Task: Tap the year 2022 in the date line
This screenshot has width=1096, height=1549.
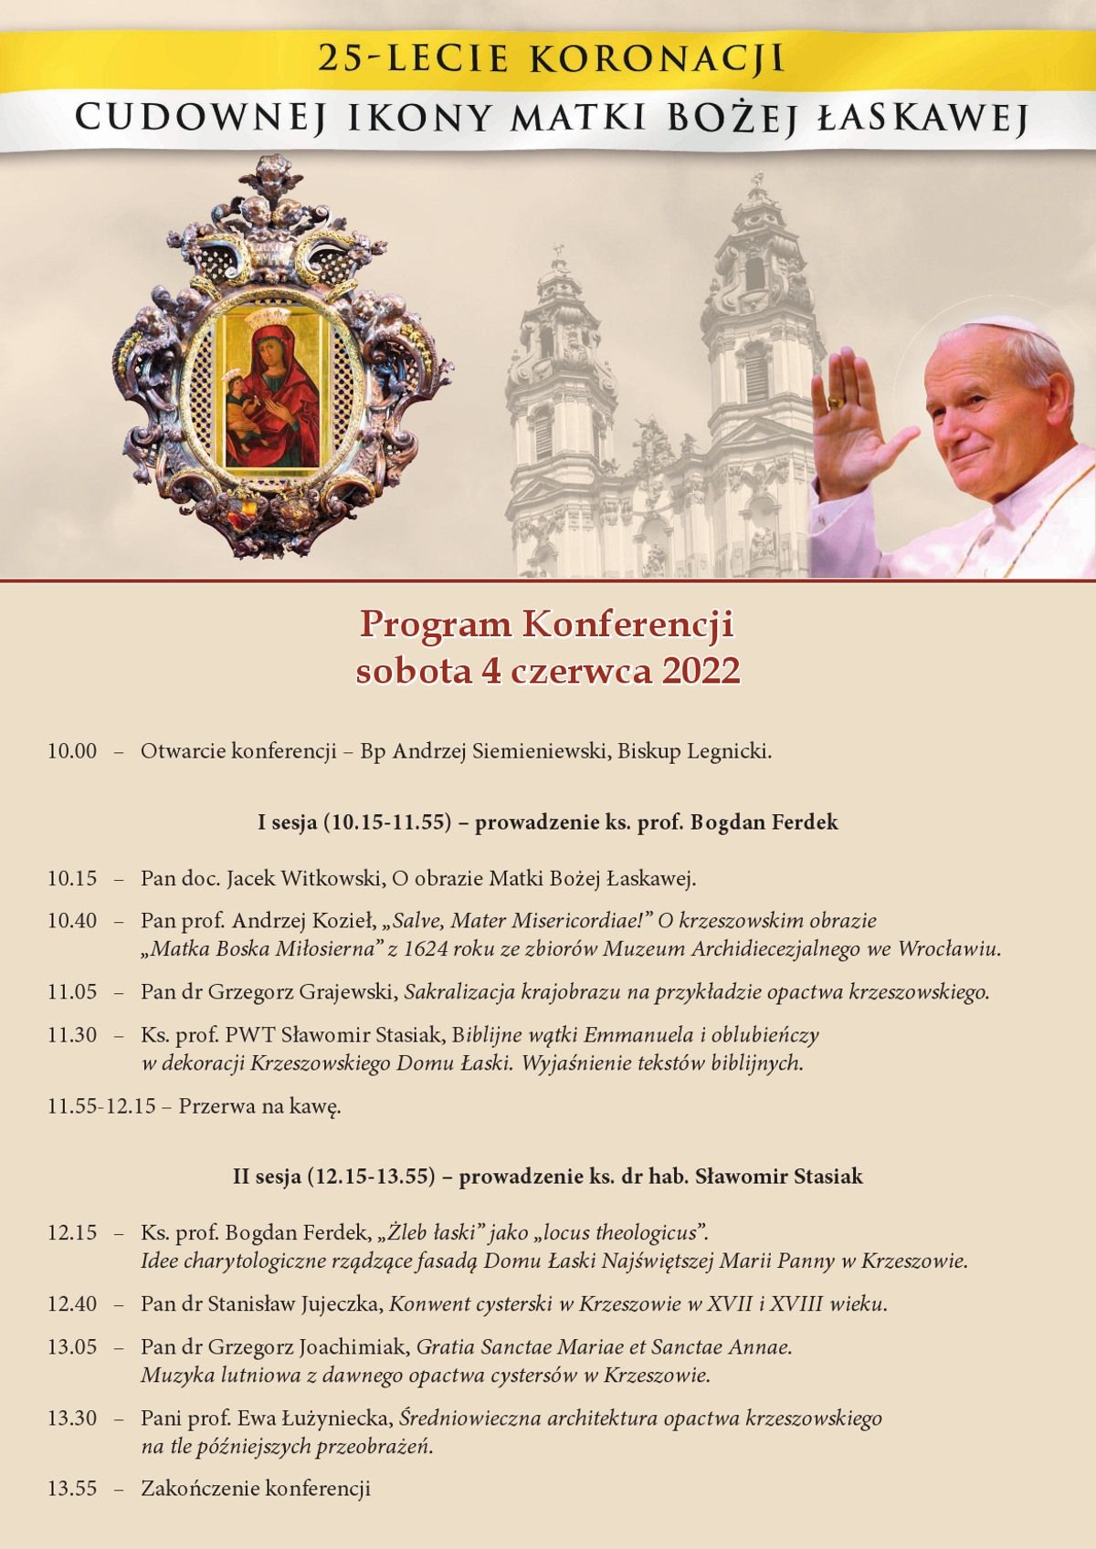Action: coord(701,671)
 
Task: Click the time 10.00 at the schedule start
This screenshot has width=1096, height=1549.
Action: coord(72,752)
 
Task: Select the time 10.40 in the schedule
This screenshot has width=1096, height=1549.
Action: coord(72,921)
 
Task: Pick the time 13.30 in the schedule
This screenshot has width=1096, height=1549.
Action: coord(72,1418)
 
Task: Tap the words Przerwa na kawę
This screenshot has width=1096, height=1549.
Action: coord(259,1107)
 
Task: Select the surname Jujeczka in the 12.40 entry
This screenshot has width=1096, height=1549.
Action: coord(338,1303)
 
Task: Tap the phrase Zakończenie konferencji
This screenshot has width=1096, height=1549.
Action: coord(256,1489)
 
